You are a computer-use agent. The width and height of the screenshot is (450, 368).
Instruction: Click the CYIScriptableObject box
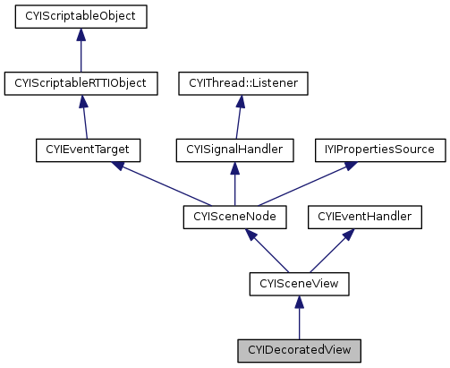click(81, 16)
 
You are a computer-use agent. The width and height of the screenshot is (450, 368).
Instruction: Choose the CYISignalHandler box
click(234, 150)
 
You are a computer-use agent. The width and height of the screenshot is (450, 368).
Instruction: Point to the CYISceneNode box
click(234, 217)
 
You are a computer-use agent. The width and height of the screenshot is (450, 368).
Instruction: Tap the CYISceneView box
click(299, 284)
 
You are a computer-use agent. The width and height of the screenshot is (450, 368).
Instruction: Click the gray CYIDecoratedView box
click(299, 350)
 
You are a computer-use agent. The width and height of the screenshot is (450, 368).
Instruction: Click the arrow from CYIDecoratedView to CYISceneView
click(299, 318)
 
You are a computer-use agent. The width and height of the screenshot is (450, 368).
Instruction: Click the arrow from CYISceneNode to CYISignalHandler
click(234, 184)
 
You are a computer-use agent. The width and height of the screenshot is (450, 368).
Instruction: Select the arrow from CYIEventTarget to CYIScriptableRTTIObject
click(85, 116)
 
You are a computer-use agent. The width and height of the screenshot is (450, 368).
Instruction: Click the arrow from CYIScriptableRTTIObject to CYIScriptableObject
click(81, 50)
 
